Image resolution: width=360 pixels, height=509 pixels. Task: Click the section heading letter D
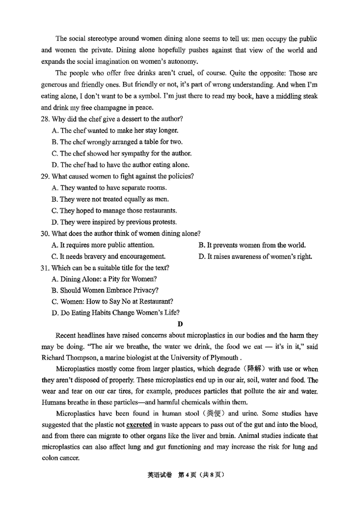(x=180, y=324)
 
